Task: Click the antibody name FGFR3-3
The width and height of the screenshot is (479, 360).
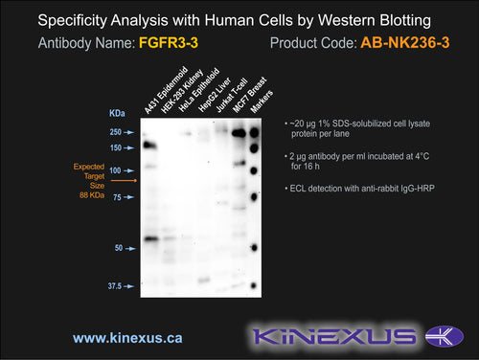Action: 169,43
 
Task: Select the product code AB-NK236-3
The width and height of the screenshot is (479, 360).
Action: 405,43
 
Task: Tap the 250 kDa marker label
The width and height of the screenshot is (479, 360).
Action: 116,132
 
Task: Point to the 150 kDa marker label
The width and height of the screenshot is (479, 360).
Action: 116,147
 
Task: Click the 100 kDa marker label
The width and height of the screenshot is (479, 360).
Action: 115,170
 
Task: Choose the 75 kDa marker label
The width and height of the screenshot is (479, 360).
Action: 117,197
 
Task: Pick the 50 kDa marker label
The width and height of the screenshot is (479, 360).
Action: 119,248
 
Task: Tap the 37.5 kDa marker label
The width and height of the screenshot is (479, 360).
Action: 115,286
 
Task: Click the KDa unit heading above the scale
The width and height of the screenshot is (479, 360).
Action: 117,113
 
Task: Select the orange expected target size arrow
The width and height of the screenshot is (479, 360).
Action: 124,181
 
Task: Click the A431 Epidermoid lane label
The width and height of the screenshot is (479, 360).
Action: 166,90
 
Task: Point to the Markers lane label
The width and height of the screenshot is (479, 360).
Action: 262,101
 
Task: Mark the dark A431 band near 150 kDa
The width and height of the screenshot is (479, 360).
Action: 149,146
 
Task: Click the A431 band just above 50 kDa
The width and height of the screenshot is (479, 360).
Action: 151,238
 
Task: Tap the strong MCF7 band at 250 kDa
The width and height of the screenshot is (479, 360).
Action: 239,133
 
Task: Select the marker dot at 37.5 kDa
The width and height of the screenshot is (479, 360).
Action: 254,285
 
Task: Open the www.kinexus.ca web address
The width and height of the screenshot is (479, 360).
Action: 127,338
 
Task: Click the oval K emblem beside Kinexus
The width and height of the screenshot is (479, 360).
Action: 445,336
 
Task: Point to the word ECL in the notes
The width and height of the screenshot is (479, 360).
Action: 298,189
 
